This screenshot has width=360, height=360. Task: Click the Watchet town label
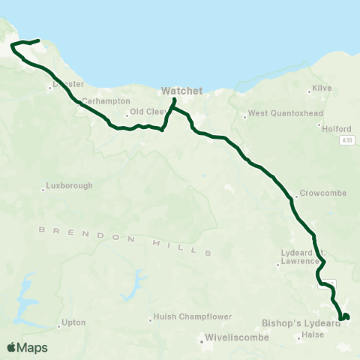[182, 91]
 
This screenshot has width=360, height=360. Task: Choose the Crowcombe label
[322, 193]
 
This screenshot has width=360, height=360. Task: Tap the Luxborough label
[69, 185]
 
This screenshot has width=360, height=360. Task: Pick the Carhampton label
[105, 101]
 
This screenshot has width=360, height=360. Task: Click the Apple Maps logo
[27, 347]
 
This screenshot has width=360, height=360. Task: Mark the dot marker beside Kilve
[310, 92]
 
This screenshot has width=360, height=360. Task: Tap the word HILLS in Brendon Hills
[187, 248]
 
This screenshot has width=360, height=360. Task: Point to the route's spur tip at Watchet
[175, 100]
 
